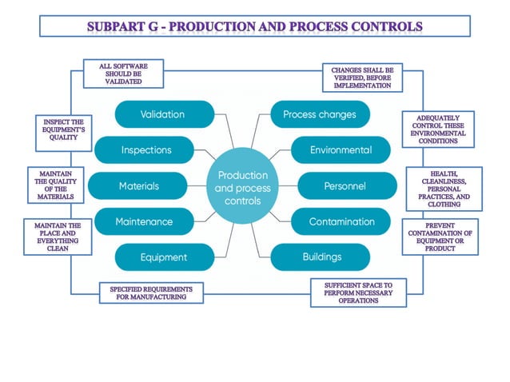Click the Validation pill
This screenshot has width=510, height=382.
[x=165, y=114]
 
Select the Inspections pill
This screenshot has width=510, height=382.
[x=145, y=150]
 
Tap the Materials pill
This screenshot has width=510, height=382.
[x=137, y=185]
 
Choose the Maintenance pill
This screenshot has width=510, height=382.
[x=145, y=221]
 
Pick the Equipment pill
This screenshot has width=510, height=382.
[x=165, y=257]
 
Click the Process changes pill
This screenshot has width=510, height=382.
[x=321, y=114]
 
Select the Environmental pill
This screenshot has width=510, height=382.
[x=341, y=150]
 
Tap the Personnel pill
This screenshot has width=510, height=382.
[x=348, y=185]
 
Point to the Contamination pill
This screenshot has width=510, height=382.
[x=341, y=221]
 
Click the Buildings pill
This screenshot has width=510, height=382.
[x=321, y=257]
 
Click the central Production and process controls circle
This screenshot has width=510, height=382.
[x=243, y=186]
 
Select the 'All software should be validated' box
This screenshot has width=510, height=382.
[x=124, y=74]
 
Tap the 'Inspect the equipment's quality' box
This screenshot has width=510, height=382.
[x=64, y=133]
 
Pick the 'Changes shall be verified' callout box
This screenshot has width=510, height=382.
[x=363, y=78]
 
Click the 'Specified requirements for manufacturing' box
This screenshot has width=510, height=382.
[x=152, y=293]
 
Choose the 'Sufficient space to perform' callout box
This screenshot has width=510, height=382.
[x=358, y=292]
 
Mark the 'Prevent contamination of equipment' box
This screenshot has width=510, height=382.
[x=440, y=237]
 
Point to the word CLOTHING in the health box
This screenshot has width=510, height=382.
[x=444, y=205]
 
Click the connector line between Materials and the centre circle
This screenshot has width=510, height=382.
[x=197, y=186]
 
